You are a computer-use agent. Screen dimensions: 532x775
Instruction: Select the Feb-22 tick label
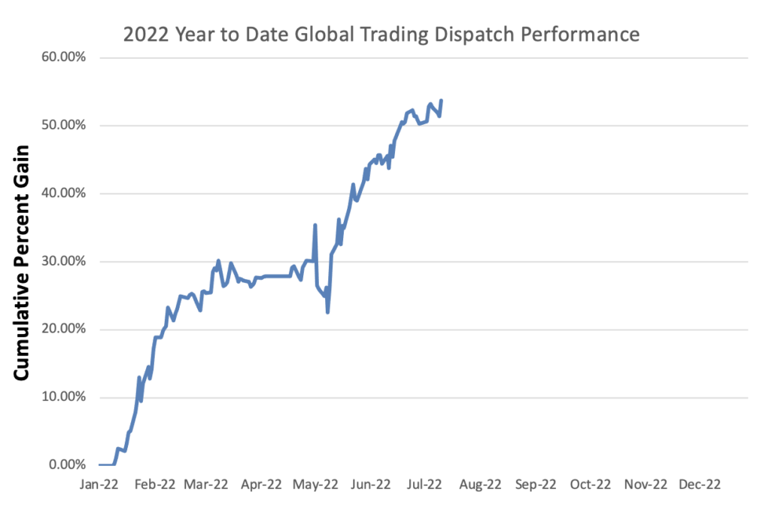click(153, 485)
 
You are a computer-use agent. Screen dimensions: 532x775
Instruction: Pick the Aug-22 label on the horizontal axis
click(481, 485)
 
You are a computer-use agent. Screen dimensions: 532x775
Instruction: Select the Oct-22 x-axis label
click(590, 485)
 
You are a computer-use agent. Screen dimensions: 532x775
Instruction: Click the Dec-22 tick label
click(700, 485)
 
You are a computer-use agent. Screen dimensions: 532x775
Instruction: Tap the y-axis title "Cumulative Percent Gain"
click(22, 261)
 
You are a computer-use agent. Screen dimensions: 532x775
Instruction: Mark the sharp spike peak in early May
click(315, 225)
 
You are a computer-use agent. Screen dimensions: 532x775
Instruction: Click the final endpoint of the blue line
click(441, 101)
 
